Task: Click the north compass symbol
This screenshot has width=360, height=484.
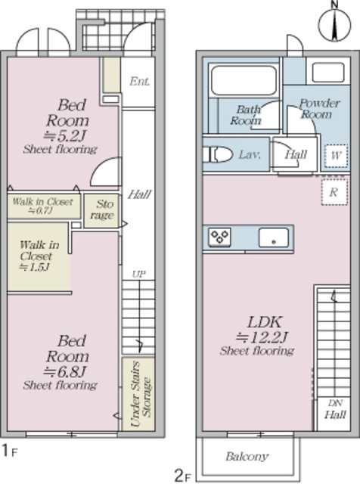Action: pyautogui.click(x=335, y=25)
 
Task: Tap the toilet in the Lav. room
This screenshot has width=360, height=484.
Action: pyautogui.click(x=218, y=154)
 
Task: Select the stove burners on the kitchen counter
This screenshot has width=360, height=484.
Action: pyautogui.click(x=219, y=237)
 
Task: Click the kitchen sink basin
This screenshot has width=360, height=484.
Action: pyautogui.click(x=274, y=237)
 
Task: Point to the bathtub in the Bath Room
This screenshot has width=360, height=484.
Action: pyautogui.click(x=244, y=80)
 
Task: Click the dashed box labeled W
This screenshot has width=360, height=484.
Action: pyautogui.click(x=337, y=156)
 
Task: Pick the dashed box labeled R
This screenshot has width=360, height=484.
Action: pyautogui.click(x=334, y=192)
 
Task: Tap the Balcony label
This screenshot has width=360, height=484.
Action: pyautogui.click(x=247, y=456)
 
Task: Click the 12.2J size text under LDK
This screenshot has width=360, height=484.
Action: pyautogui.click(x=262, y=337)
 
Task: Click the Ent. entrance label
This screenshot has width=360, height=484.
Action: pyautogui.click(x=140, y=81)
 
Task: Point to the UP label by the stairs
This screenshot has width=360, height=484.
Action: pyautogui.click(x=139, y=275)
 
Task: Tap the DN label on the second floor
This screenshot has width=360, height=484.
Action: pyautogui.click(x=335, y=403)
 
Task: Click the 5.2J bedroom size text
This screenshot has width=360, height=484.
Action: pyautogui.click(x=66, y=135)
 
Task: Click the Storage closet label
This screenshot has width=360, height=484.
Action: pyautogui.click(x=102, y=209)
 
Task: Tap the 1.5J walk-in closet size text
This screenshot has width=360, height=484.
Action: pyautogui.click(x=35, y=267)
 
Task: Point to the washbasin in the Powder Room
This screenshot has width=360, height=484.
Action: pyautogui.click(x=327, y=72)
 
